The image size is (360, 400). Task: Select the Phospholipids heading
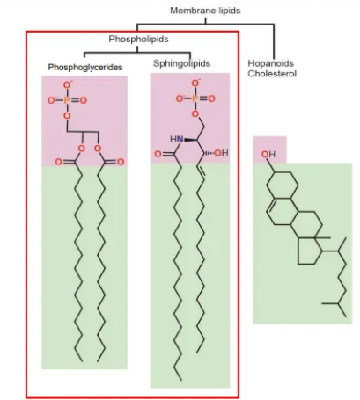[x=138, y=40]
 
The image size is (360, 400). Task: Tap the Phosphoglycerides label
[x=85, y=67]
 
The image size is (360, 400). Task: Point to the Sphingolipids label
[x=182, y=63]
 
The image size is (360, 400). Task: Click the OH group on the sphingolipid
[x=220, y=153]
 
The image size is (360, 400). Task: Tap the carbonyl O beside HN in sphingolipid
[x=158, y=154]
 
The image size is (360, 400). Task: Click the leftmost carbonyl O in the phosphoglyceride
[x=59, y=162]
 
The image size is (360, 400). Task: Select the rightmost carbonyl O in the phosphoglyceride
[x=123, y=162]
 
